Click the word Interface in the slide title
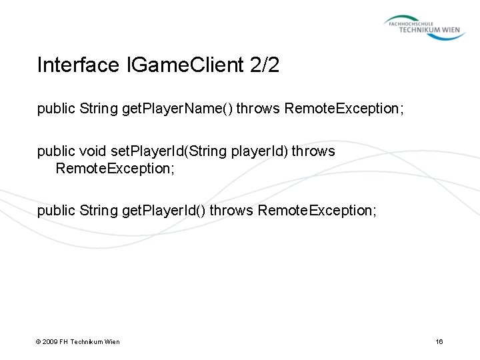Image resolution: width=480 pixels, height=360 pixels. pyautogui.click(x=75, y=65)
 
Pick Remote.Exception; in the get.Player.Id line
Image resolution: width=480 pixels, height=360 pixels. pyautogui.click(x=317, y=211)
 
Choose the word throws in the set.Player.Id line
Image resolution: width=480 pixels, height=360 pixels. pyautogui.click(x=313, y=151)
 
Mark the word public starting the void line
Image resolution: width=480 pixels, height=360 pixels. pyautogui.click(x=55, y=151)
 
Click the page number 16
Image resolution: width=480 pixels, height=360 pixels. pyautogui.click(x=439, y=342)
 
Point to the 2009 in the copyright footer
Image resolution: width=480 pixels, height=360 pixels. pyautogui.click(x=51, y=342)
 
